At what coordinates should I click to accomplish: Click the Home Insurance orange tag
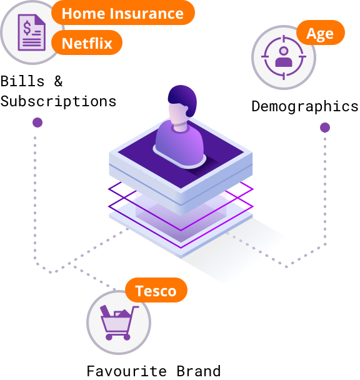(x=123, y=12)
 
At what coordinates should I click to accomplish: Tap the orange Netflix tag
(x=87, y=42)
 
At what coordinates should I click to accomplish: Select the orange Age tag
(x=321, y=32)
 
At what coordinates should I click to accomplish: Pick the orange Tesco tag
(x=156, y=290)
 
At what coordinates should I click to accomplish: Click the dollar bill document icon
(x=32, y=32)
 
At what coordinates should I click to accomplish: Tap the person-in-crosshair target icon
(x=284, y=57)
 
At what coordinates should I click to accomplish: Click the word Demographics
(x=305, y=107)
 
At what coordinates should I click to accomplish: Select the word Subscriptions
(x=58, y=101)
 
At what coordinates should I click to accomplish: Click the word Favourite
(x=126, y=371)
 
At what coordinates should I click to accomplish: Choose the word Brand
(x=199, y=371)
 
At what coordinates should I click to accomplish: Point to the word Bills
(x=22, y=81)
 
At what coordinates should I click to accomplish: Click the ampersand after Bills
(x=58, y=81)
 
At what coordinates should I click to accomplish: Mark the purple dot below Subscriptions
(x=37, y=122)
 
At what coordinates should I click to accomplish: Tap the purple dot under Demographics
(x=325, y=127)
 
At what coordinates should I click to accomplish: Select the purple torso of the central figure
(x=179, y=144)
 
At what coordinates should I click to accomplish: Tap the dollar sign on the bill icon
(x=27, y=28)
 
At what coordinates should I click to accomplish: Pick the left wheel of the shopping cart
(x=109, y=337)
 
